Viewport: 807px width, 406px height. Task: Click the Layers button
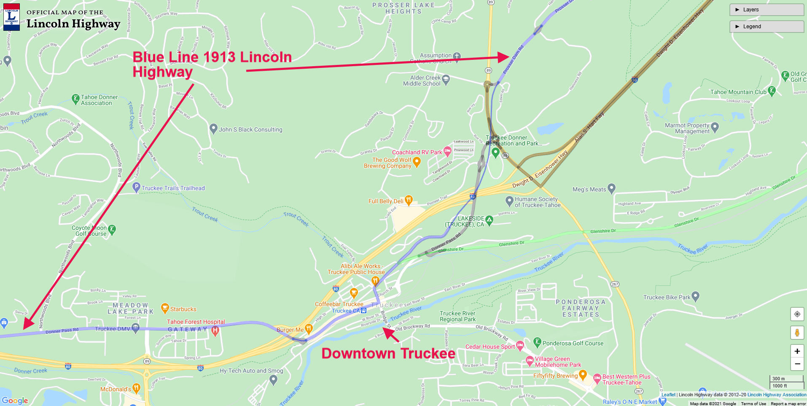click(766, 10)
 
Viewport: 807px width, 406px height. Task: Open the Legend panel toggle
click(766, 27)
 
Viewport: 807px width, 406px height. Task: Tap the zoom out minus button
click(797, 364)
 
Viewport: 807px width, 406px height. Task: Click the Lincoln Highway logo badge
click(11, 17)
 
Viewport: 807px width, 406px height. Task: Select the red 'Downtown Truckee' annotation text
click(388, 353)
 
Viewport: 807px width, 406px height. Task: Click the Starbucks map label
click(183, 309)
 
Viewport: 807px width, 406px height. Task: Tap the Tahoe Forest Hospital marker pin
click(215, 331)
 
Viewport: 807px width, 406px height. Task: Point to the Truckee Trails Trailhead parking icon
click(136, 187)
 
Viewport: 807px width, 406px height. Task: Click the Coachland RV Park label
click(417, 152)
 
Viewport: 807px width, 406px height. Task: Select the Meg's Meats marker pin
click(612, 188)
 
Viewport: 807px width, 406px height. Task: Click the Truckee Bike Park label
click(667, 297)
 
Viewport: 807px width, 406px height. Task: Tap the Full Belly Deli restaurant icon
click(408, 200)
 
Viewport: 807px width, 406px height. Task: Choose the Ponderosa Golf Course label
click(573, 343)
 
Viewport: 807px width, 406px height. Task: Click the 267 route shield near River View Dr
click(615, 284)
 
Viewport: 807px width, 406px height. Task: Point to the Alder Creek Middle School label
click(422, 81)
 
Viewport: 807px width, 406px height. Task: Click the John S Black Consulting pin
click(213, 129)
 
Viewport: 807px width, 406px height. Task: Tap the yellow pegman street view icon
click(797, 333)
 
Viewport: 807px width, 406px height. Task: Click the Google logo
click(15, 401)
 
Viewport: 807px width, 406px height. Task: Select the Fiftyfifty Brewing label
click(555, 376)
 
